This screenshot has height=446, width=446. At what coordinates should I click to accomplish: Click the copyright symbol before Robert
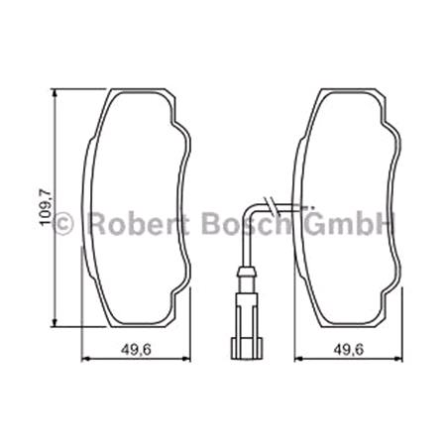coord(63,224)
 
